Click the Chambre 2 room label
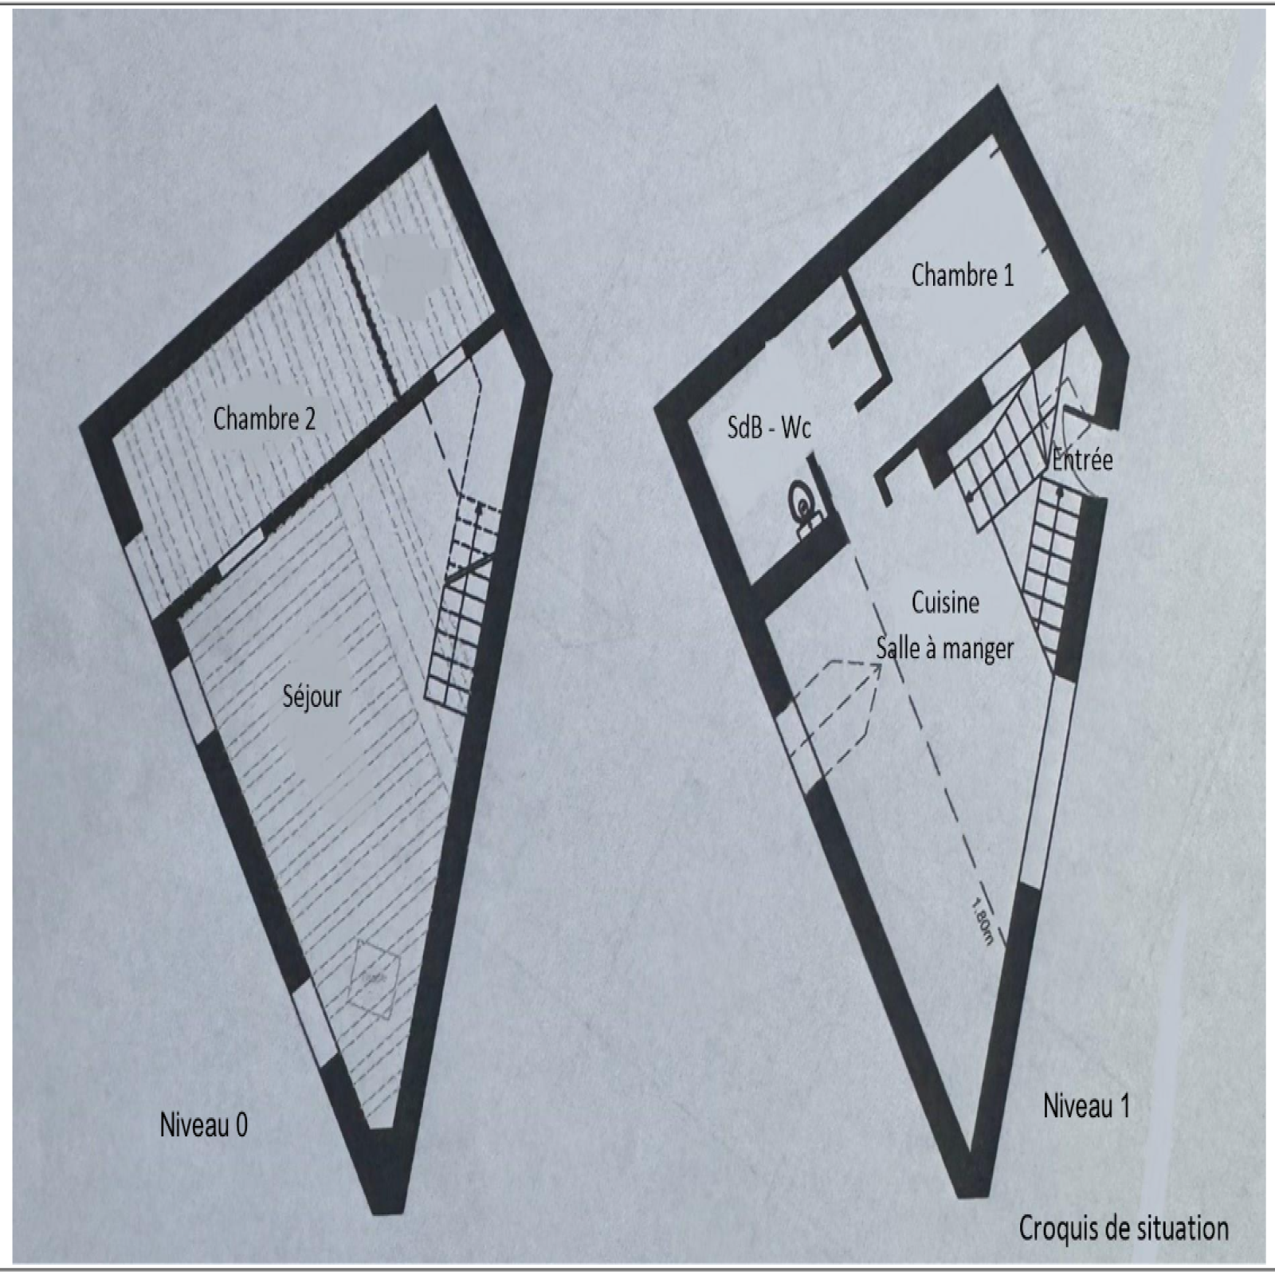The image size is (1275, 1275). coord(264,418)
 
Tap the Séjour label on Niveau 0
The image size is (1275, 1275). coord(312,697)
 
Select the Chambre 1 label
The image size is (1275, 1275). coord(963,275)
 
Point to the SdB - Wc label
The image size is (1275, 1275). coord(769,428)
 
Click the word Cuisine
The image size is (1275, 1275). coord(945,602)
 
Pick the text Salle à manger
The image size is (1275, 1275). coord(944,649)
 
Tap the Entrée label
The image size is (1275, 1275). coord(1082,460)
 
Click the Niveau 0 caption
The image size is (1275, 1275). coord(203,1125)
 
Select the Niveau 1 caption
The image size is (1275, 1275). coord(1086,1106)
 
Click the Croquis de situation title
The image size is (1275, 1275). coord(1124,1228)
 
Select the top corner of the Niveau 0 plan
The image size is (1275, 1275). coord(435,107)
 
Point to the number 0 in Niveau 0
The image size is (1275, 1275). coord(241,1125)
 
